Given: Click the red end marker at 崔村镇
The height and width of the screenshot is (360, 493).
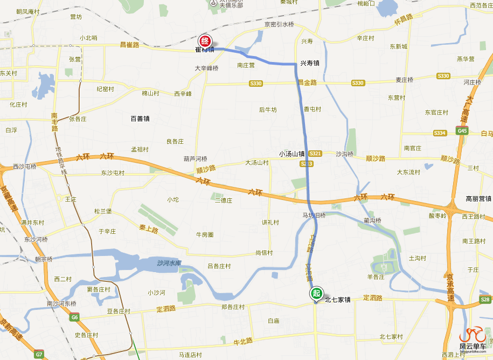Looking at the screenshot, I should tap(205, 41).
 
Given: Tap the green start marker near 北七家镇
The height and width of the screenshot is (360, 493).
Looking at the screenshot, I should tap(316, 294).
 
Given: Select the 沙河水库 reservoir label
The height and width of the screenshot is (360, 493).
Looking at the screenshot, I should tap(169, 263).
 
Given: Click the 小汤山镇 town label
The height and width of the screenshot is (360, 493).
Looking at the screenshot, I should tap(291, 154).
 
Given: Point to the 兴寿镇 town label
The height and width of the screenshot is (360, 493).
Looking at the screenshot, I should tap(310, 63).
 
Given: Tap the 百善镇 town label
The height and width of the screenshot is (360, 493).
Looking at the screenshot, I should tap(140, 119).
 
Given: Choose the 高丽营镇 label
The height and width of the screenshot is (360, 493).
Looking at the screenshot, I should tap(478, 199).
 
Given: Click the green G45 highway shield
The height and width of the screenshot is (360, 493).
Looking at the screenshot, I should tap(462, 131).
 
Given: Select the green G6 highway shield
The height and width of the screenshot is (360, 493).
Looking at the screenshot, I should tap(74, 317).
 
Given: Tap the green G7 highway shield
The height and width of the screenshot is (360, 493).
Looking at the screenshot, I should tap(39, 355).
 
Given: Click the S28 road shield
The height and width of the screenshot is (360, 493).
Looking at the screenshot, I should tap(485, 299).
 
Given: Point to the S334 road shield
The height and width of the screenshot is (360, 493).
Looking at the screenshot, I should tap(440, 133).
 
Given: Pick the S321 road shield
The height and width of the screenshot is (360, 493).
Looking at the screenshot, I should tap(315, 154).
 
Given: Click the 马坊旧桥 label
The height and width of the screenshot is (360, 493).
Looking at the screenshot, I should tap(314, 215).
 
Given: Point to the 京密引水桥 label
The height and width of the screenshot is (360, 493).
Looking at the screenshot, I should tap(279, 25).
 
